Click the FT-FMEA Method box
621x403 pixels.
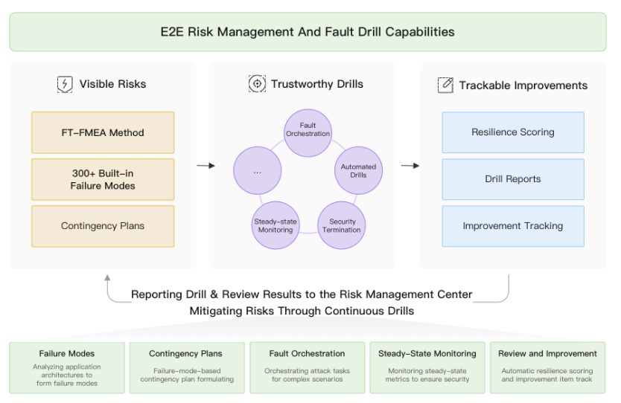click(103, 132)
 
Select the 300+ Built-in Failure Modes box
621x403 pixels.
click(103, 179)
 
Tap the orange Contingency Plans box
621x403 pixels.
click(103, 226)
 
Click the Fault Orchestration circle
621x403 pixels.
click(308, 133)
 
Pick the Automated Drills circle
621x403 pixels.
click(358, 170)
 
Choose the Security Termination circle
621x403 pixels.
click(341, 225)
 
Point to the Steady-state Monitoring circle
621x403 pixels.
click(276, 225)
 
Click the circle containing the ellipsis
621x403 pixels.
click(258, 170)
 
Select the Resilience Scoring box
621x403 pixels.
click(513, 132)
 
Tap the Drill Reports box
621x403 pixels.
click(513, 179)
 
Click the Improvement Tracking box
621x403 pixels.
click(513, 226)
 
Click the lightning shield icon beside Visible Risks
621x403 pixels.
click(65, 84)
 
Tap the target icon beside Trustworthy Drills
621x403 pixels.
click(257, 84)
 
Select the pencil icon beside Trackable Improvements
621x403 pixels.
click(445, 85)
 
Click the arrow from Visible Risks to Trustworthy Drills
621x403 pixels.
click(206, 166)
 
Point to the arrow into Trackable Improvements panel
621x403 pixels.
click(410, 166)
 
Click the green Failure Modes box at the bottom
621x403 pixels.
click(67, 368)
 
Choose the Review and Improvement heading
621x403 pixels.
click(547, 354)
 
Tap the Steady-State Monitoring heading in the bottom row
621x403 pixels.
click(427, 354)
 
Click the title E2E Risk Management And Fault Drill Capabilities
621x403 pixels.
click(308, 32)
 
